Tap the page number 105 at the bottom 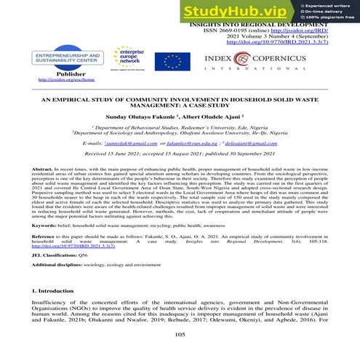180,334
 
